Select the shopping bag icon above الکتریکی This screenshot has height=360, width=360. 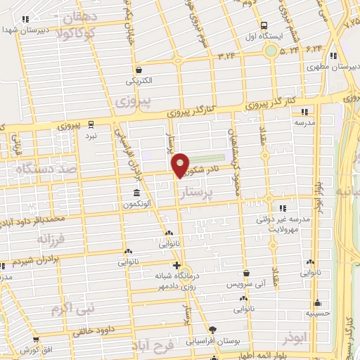point(139,70)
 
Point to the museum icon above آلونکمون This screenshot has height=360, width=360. point(136,192)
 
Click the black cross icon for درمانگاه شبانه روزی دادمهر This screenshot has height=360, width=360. point(176,265)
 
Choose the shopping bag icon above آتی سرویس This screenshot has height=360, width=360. point(246,273)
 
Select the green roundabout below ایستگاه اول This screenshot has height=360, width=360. point(270,50)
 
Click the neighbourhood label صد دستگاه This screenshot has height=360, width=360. point(39,169)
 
